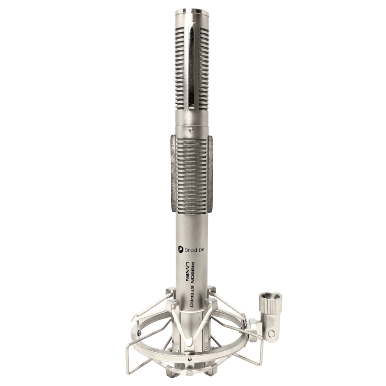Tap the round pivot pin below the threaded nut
[272, 333]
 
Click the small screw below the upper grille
[191, 129]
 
